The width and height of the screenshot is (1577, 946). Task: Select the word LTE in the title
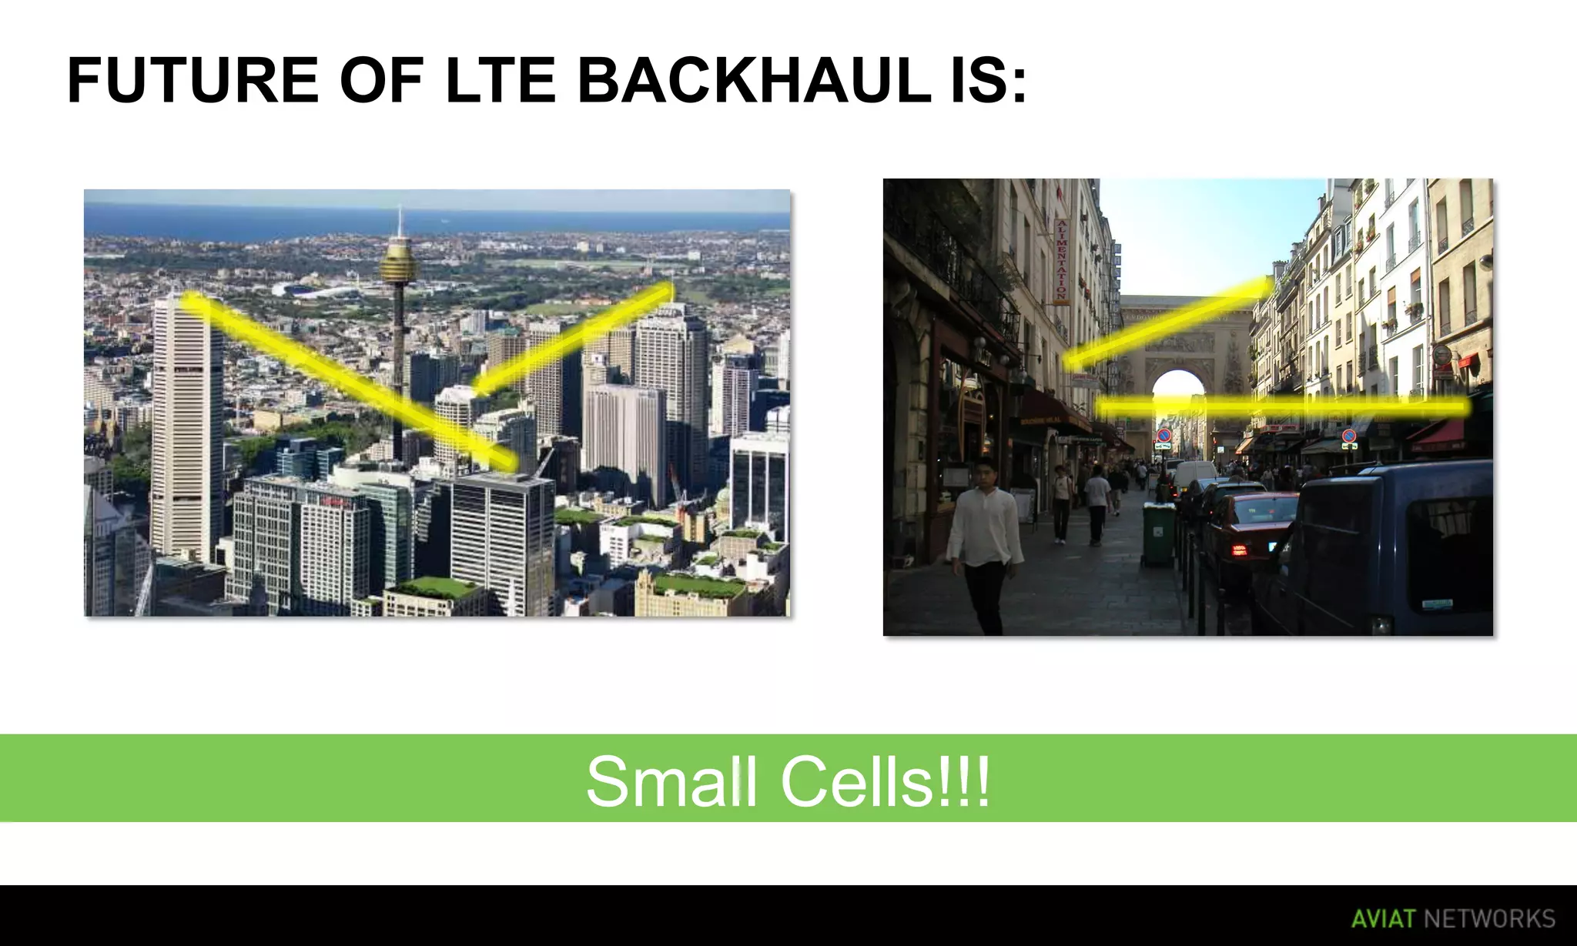point(501,81)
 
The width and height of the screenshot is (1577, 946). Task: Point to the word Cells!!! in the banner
point(886,781)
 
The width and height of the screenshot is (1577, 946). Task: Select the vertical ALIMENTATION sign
point(1062,260)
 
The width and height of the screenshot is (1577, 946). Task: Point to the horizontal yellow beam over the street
point(1282,406)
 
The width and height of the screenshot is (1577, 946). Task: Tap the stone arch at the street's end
point(1178,346)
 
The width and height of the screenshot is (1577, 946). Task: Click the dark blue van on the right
point(1386,547)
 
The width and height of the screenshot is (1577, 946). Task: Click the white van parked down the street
point(1193,473)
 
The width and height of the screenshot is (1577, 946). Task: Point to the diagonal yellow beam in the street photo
point(1167,323)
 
